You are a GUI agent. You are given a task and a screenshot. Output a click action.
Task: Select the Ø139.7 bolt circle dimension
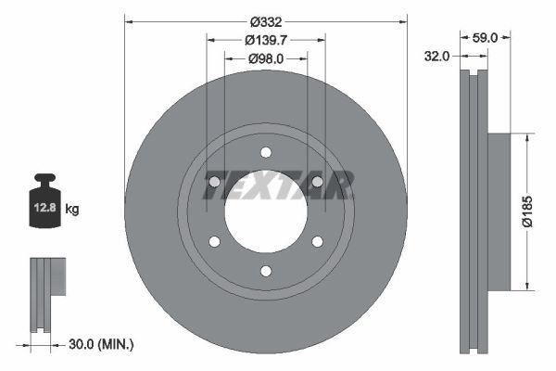click(265, 39)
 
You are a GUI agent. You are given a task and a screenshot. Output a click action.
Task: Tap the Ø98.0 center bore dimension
click(265, 58)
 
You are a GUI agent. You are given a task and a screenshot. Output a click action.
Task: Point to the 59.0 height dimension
click(486, 38)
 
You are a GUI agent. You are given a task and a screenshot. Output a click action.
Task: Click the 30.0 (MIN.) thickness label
click(103, 344)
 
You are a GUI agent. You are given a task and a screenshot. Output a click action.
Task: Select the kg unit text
click(72, 211)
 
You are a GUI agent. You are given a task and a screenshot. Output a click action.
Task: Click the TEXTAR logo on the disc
click(278, 186)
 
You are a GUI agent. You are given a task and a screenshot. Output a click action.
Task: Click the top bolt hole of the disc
click(266, 152)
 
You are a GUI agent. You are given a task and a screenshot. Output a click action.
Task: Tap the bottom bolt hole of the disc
click(266, 271)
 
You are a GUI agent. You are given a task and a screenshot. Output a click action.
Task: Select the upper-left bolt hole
click(214, 182)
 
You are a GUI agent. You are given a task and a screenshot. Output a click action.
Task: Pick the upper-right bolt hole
click(317, 182)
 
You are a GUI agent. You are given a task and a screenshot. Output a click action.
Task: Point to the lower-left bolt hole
click(214, 241)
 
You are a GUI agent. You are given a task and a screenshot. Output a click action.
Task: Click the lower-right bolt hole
click(317, 241)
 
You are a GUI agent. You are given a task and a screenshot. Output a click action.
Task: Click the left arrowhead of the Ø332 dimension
click(128, 20)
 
